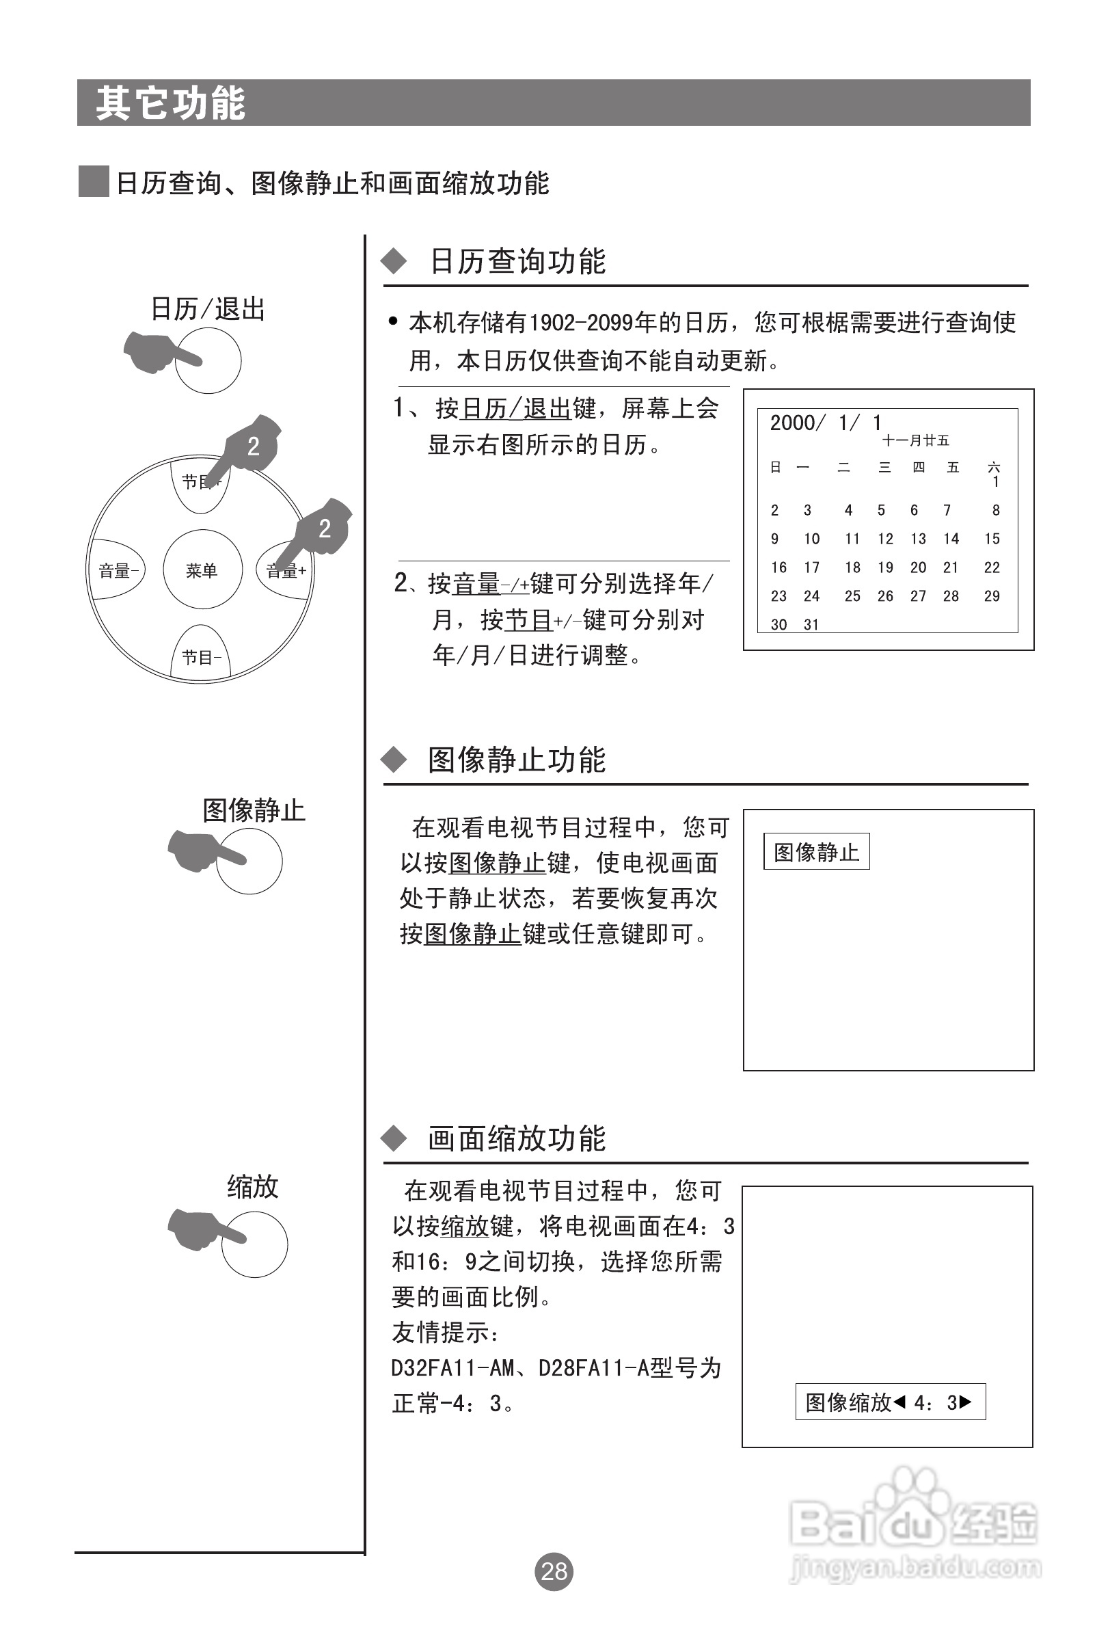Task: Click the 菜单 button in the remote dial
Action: [202, 570]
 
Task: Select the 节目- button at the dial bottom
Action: [201, 657]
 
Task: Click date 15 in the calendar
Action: [992, 539]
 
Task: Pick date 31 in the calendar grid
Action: [811, 624]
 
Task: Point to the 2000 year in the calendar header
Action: [793, 423]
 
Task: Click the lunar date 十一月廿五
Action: [915, 440]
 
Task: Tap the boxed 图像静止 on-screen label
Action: [816, 851]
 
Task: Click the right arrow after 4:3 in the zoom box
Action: [966, 1402]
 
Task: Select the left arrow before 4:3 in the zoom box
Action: [899, 1402]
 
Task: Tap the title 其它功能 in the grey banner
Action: [170, 103]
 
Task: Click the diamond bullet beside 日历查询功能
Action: [394, 262]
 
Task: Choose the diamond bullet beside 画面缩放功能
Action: [394, 1138]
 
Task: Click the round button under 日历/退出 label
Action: [208, 360]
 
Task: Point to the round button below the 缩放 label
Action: [254, 1244]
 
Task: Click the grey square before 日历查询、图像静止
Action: [93, 182]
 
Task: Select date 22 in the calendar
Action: [992, 567]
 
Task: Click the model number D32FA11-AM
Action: [453, 1368]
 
